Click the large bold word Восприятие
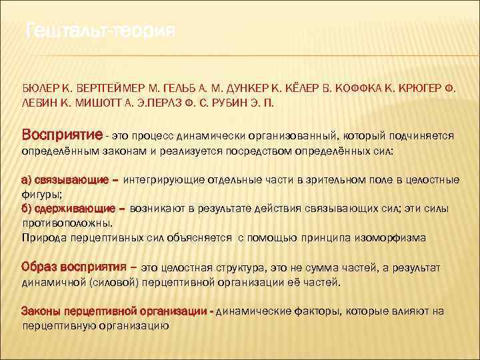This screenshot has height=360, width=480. point(62,135)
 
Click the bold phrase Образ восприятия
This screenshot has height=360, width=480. point(73,267)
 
